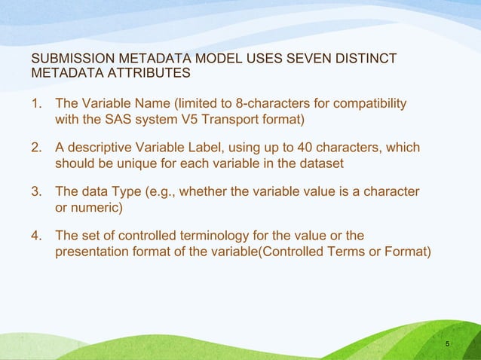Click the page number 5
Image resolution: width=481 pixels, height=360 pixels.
(x=448, y=344)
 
